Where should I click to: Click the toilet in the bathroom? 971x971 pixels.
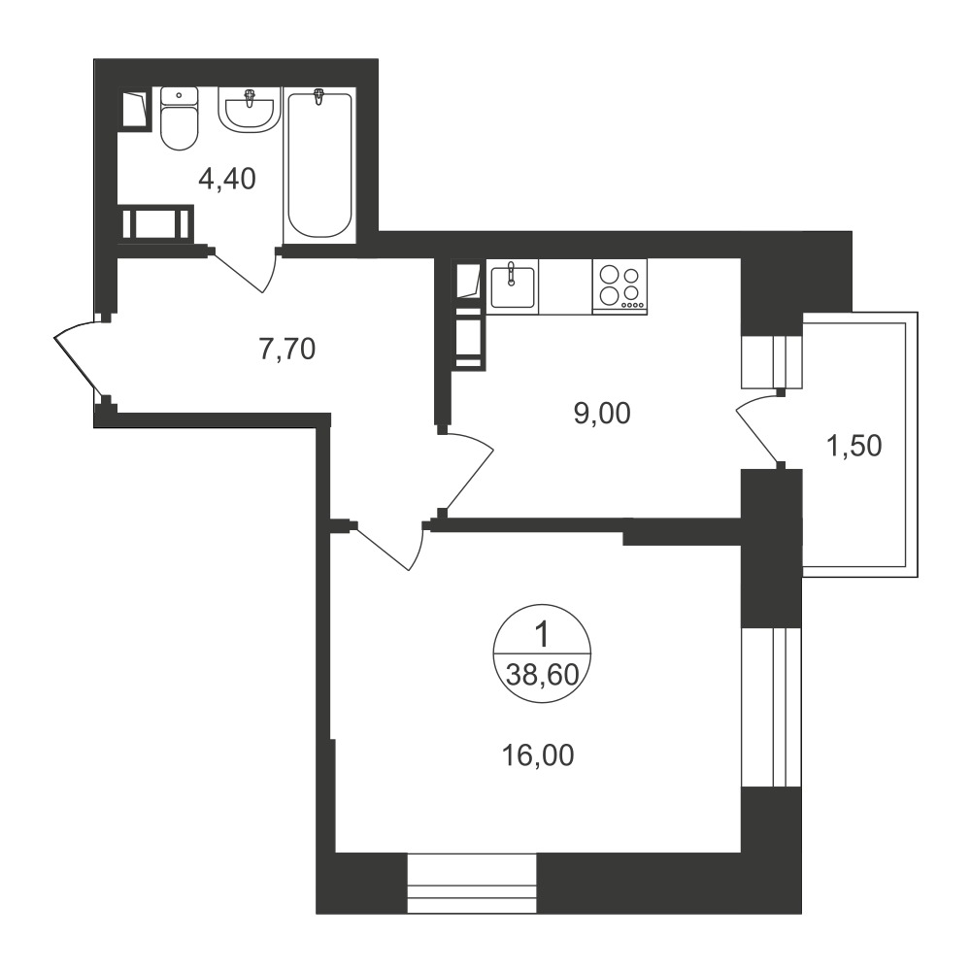pyautogui.click(x=179, y=118)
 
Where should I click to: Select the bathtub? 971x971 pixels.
pyautogui.click(x=318, y=165)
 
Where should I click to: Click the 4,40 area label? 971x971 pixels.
pyautogui.click(x=226, y=180)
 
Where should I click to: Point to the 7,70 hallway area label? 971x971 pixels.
pyautogui.click(x=287, y=350)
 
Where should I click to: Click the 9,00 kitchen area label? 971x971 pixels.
pyautogui.click(x=602, y=413)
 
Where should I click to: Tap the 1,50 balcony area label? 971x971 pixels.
pyautogui.click(x=854, y=446)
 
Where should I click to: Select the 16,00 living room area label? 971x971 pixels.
pyautogui.click(x=538, y=755)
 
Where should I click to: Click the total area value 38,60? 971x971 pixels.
pyautogui.click(x=543, y=675)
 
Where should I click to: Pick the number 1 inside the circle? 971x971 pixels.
pyautogui.click(x=542, y=636)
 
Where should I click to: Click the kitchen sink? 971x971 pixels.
pyautogui.click(x=512, y=286)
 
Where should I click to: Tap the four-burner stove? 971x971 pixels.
pyautogui.click(x=619, y=286)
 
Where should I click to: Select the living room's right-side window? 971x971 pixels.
pyautogui.click(x=772, y=708)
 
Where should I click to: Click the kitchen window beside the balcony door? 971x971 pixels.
pyautogui.click(x=772, y=361)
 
